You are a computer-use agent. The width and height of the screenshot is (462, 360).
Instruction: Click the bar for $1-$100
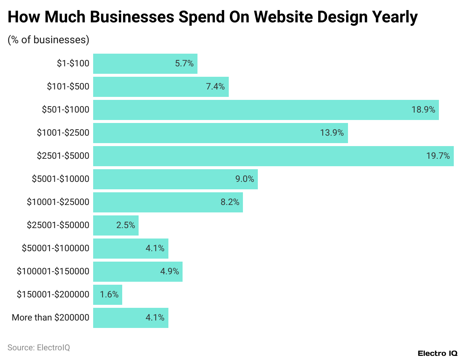click(x=145, y=64)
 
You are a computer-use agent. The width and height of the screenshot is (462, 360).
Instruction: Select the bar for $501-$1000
click(x=266, y=110)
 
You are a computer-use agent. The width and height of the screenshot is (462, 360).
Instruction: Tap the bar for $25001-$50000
click(x=116, y=225)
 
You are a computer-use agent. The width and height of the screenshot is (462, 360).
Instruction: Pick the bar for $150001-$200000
click(x=108, y=295)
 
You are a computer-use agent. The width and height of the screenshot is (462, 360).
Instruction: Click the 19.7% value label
click(x=438, y=156)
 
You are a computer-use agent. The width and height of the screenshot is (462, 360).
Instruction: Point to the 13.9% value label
click(x=332, y=133)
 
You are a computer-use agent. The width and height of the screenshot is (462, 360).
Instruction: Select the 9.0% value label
click(x=244, y=179)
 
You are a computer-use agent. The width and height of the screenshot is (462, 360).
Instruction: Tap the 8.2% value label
click(x=230, y=202)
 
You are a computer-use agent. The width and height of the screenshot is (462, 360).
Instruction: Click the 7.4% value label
click(x=215, y=86)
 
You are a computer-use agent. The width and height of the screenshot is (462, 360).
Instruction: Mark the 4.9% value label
click(x=170, y=271)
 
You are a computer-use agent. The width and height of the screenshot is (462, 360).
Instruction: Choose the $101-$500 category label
click(x=68, y=86)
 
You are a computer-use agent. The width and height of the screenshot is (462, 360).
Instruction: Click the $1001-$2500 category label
click(x=63, y=133)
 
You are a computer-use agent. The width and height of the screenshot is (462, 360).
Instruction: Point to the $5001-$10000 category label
click(x=60, y=179)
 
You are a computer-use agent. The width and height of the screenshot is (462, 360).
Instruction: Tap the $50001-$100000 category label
click(x=56, y=248)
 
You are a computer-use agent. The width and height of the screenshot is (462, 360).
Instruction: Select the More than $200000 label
click(x=51, y=318)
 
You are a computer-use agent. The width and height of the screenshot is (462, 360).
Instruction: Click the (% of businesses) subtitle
click(x=48, y=40)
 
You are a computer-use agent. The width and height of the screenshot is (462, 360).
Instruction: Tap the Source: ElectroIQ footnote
click(x=39, y=348)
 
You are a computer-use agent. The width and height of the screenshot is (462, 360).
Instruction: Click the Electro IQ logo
click(x=437, y=353)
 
